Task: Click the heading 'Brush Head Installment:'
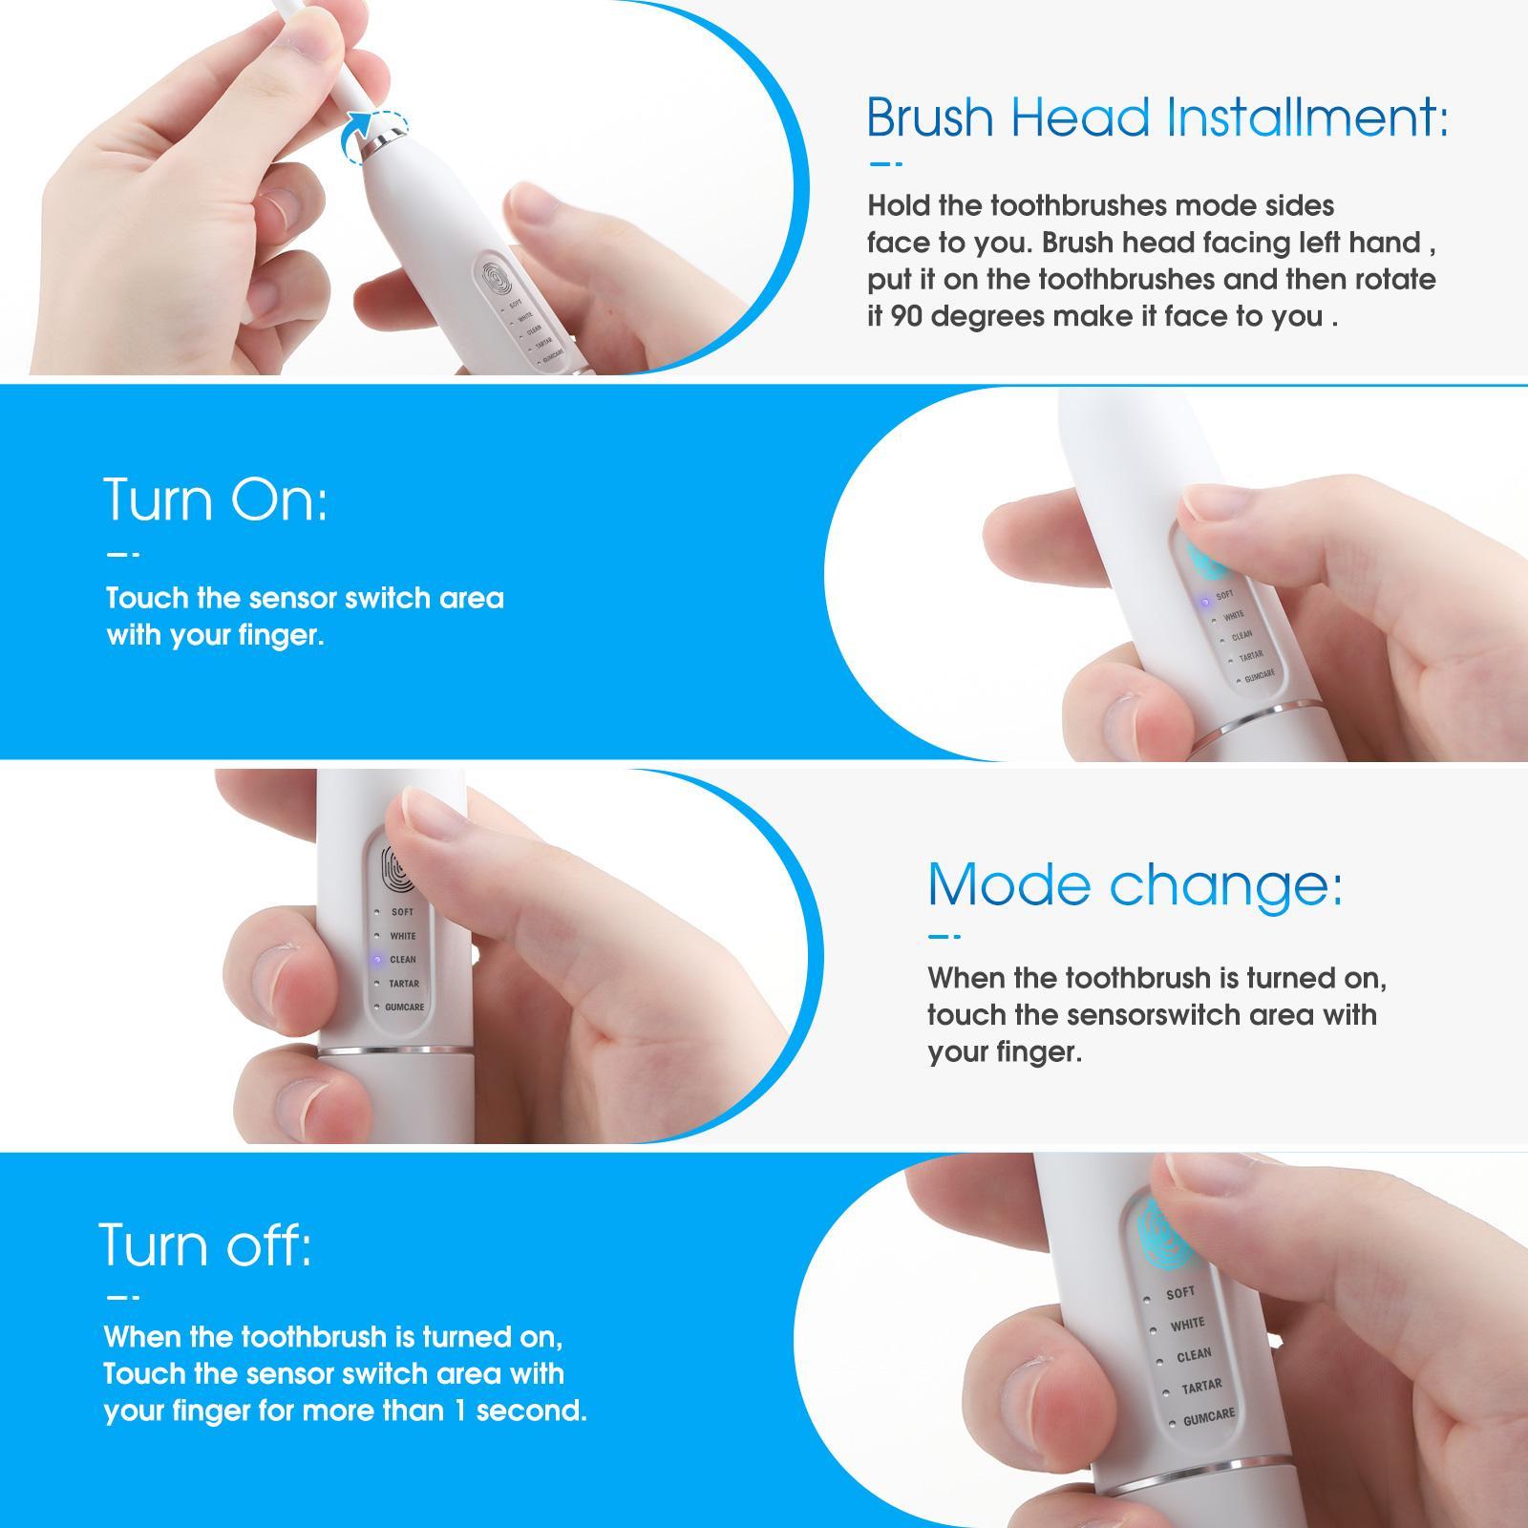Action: click(1157, 117)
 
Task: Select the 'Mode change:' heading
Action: click(1135, 884)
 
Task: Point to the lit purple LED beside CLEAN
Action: click(377, 959)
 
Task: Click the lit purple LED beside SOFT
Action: click(1205, 602)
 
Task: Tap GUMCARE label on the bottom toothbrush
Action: click(1208, 1417)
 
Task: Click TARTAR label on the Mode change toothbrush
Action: click(403, 983)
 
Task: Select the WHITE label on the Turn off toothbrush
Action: click(1187, 1325)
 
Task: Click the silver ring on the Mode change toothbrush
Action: click(392, 1050)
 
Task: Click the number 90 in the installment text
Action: click(908, 316)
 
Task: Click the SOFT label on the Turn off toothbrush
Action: click(1179, 1293)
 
